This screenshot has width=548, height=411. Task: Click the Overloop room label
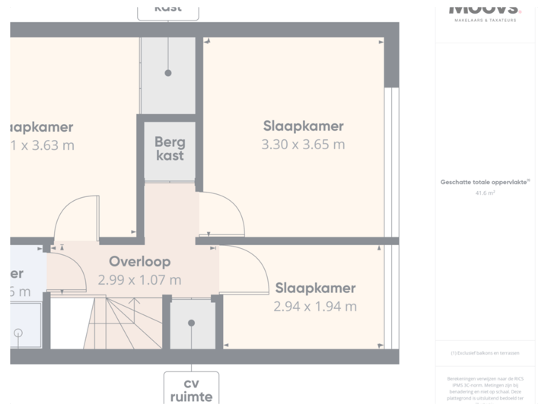139,262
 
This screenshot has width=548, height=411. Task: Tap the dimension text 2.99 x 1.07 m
139,280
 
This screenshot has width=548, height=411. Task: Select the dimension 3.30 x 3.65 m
303,145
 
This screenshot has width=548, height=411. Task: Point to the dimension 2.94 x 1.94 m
315,307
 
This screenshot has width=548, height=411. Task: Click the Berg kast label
169,148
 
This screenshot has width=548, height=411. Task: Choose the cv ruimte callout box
191,389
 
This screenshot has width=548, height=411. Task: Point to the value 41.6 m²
485,193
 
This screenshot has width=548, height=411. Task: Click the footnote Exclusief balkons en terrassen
485,353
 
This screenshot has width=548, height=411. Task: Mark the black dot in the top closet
168,74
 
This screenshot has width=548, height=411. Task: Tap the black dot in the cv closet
191,323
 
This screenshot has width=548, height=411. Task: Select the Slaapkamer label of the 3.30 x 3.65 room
303,126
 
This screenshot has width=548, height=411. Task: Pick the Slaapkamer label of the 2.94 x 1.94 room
315,288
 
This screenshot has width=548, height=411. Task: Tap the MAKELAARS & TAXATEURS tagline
485,20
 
